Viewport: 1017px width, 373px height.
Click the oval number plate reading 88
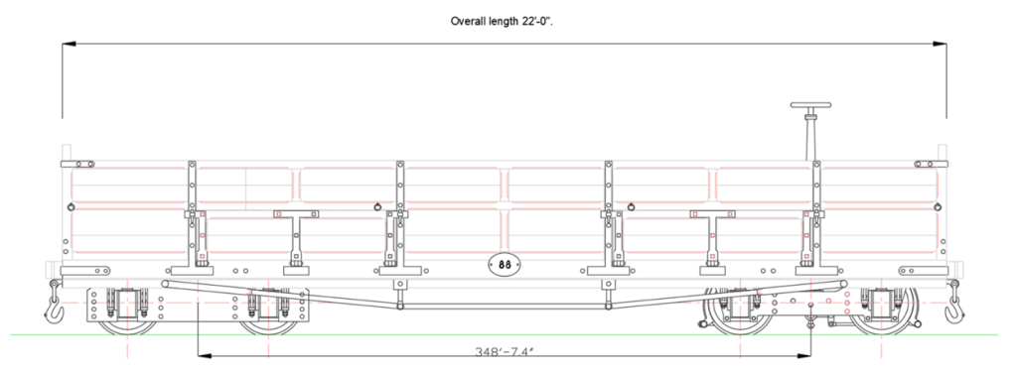click(504, 264)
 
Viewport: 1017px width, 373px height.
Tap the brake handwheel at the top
click(810, 105)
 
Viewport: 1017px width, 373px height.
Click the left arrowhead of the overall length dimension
click(69, 44)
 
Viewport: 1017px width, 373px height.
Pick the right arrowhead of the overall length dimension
click(940, 44)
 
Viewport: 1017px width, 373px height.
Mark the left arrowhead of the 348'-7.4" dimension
click(204, 355)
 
